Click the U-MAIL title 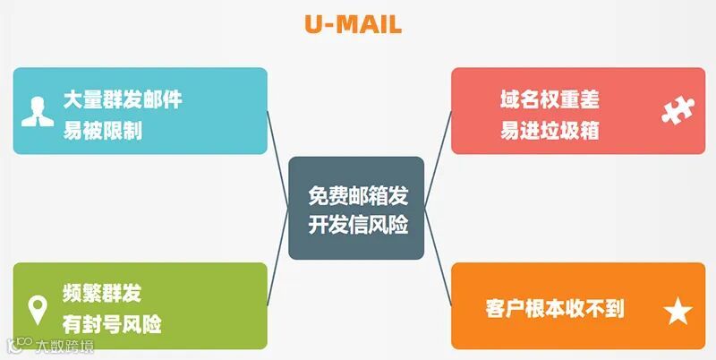pos(353,24)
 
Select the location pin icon pos(38,309)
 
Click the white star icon pos(678,312)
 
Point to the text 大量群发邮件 pos(122,99)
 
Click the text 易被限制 pos(102,132)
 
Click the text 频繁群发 pos(102,293)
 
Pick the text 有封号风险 pos(112,324)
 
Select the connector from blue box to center pos(279,144)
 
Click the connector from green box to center pos(279,269)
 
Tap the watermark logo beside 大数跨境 pos(19,345)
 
